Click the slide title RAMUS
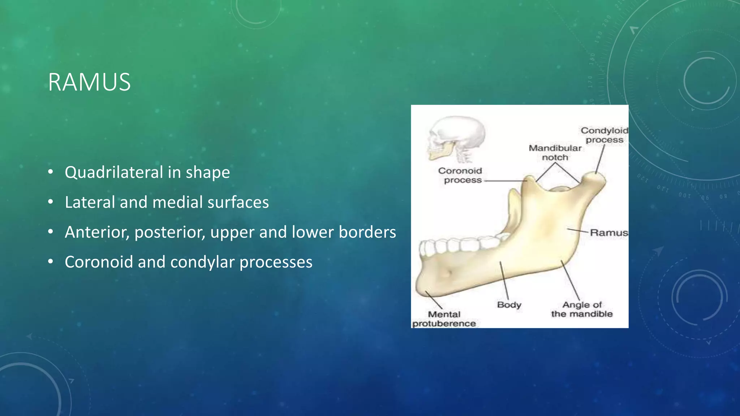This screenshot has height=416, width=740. pyautogui.click(x=89, y=82)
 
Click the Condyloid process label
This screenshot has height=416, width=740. pyautogui.click(x=604, y=135)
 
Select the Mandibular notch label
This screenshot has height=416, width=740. pyautogui.click(x=555, y=153)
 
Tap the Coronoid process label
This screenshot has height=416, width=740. pyautogui.click(x=460, y=175)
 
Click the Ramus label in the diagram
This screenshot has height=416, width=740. pyautogui.click(x=608, y=233)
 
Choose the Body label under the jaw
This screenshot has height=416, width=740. pyautogui.click(x=509, y=305)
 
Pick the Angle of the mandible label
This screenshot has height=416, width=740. pyautogui.click(x=582, y=309)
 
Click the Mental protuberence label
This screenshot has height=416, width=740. pyautogui.click(x=444, y=319)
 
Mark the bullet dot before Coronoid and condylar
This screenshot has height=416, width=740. pyautogui.click(x=51, y=262)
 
